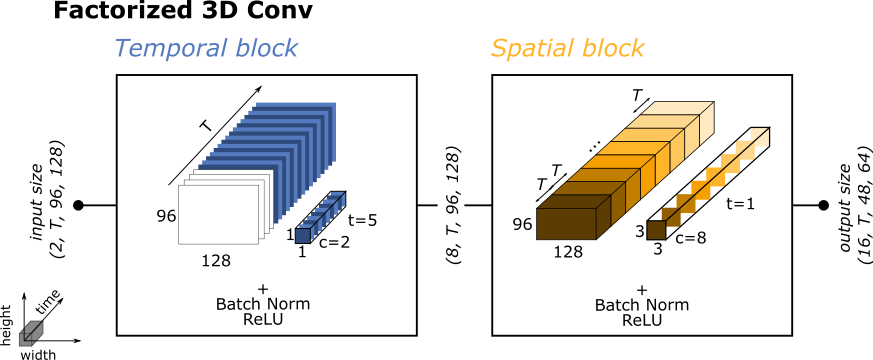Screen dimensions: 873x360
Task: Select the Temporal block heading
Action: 206,49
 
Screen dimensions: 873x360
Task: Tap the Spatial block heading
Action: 567,49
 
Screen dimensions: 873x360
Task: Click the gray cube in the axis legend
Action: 31,331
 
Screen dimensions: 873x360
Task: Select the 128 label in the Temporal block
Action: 216,260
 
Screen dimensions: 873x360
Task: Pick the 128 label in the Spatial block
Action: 568,251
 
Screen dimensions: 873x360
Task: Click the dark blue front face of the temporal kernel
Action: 302,235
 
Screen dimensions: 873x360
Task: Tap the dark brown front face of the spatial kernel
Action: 656,231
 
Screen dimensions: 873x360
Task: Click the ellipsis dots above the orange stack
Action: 595,147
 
